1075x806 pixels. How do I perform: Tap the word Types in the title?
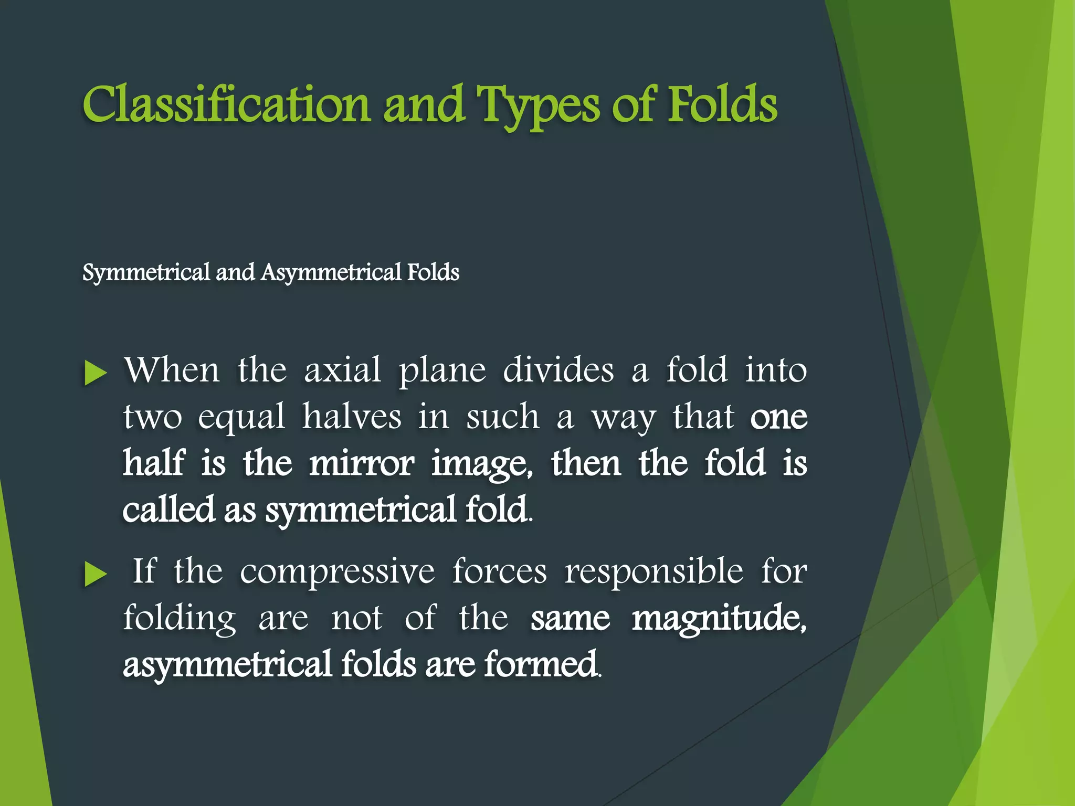click(x=537, y=107)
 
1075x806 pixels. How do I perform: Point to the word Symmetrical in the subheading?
click(x=146, y=272)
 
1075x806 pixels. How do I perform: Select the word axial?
click(x=342, y=370)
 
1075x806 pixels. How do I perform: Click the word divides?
click(x=558, y=370)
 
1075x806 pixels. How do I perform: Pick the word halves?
click(x=351, y=417)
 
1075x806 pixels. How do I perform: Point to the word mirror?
click(x=361, y=463)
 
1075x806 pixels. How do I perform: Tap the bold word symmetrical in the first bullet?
click(x=360, y=511)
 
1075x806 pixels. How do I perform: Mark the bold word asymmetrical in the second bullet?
click(x=227, y=664)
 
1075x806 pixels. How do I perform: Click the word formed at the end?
click(x=541, y=664)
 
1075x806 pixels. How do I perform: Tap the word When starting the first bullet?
click(x=172, y=370)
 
